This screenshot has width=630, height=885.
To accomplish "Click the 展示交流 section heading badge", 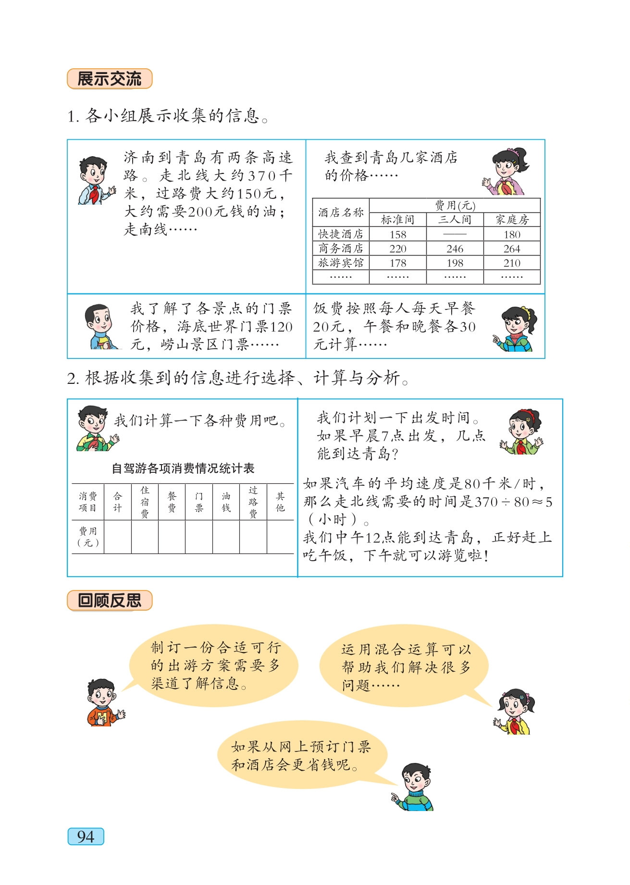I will pos(110,79).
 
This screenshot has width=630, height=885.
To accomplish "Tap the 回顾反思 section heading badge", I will pos(110,600).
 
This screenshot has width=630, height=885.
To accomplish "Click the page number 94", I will pos(86,836).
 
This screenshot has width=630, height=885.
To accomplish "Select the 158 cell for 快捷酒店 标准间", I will pos(398,234).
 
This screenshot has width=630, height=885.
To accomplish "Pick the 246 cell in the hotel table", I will pos(455,249).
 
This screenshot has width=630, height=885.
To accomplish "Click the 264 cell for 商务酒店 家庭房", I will pos(512,249).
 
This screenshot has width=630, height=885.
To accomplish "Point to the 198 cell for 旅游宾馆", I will pos(455,263).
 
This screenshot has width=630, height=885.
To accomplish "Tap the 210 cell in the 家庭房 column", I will pos(512,263).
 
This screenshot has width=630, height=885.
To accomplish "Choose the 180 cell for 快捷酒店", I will pos(512,234).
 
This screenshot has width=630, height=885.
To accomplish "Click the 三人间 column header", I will pos(455,220).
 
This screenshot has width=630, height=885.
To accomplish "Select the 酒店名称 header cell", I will pos(341,212).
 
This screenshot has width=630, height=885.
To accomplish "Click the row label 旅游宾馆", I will pos(341,263).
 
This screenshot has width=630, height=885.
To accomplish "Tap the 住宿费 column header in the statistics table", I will pos(145,502).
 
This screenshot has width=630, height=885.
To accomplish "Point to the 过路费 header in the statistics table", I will pos(253,502).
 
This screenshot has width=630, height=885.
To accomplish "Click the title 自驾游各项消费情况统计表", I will pos(183,468).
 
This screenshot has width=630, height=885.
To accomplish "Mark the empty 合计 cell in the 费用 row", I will pos(118,537).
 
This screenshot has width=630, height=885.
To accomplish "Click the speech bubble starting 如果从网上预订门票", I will pos(301,755).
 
